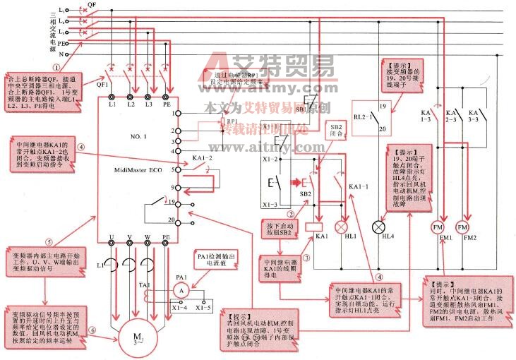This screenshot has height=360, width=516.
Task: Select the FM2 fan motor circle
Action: coord(463,228)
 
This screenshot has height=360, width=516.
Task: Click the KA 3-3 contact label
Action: coord(476,116)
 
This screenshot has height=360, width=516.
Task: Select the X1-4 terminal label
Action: coord(180,308)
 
